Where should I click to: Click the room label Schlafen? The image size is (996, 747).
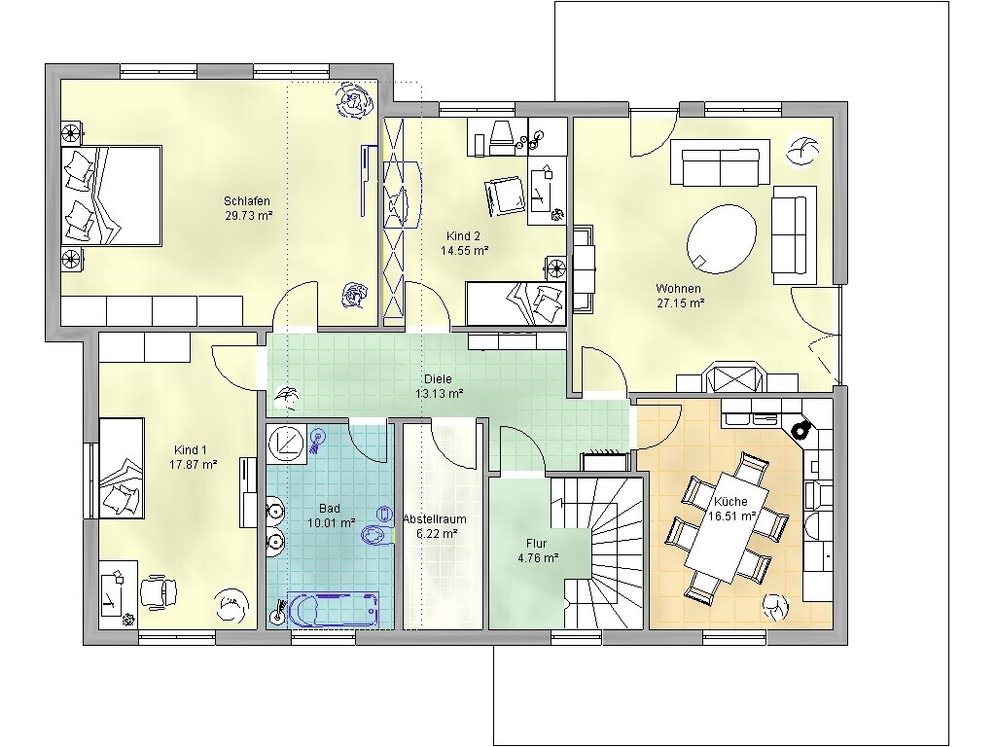click(x=247, y=201)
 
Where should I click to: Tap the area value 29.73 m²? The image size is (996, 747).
click(x=249, y=216)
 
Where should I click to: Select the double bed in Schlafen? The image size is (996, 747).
click(x=111, y=196)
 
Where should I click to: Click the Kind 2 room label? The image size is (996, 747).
click(x=463, y=236)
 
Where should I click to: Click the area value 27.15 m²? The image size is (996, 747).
click(x=680, y=303)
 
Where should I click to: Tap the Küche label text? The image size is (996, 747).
click(x=730, y=501)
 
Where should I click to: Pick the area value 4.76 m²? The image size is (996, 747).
click(x=538, y=558)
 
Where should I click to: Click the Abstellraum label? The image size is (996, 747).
click(x=435, y=519)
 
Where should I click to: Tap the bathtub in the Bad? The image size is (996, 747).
click(x=333, y=610)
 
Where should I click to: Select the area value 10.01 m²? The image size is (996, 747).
click(x=331, y=523)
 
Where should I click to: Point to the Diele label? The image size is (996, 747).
click(x=438, y=379)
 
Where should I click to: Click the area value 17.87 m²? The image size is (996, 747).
click(x=194, y=465)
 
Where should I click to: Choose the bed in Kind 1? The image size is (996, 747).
click(x=122, y=468)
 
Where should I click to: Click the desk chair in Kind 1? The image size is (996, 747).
click(x=158, y=592)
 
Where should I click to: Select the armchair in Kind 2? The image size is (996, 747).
click(x=505, y=196)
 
